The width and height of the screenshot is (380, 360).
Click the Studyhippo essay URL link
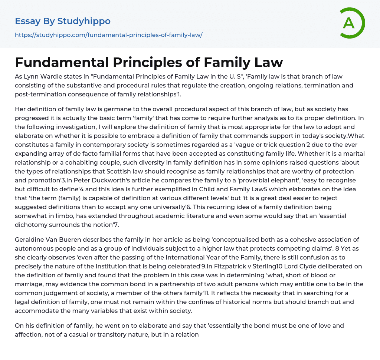(108, 35)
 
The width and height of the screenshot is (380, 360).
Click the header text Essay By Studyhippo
(63, 21)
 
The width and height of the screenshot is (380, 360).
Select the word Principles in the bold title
(146, 62)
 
